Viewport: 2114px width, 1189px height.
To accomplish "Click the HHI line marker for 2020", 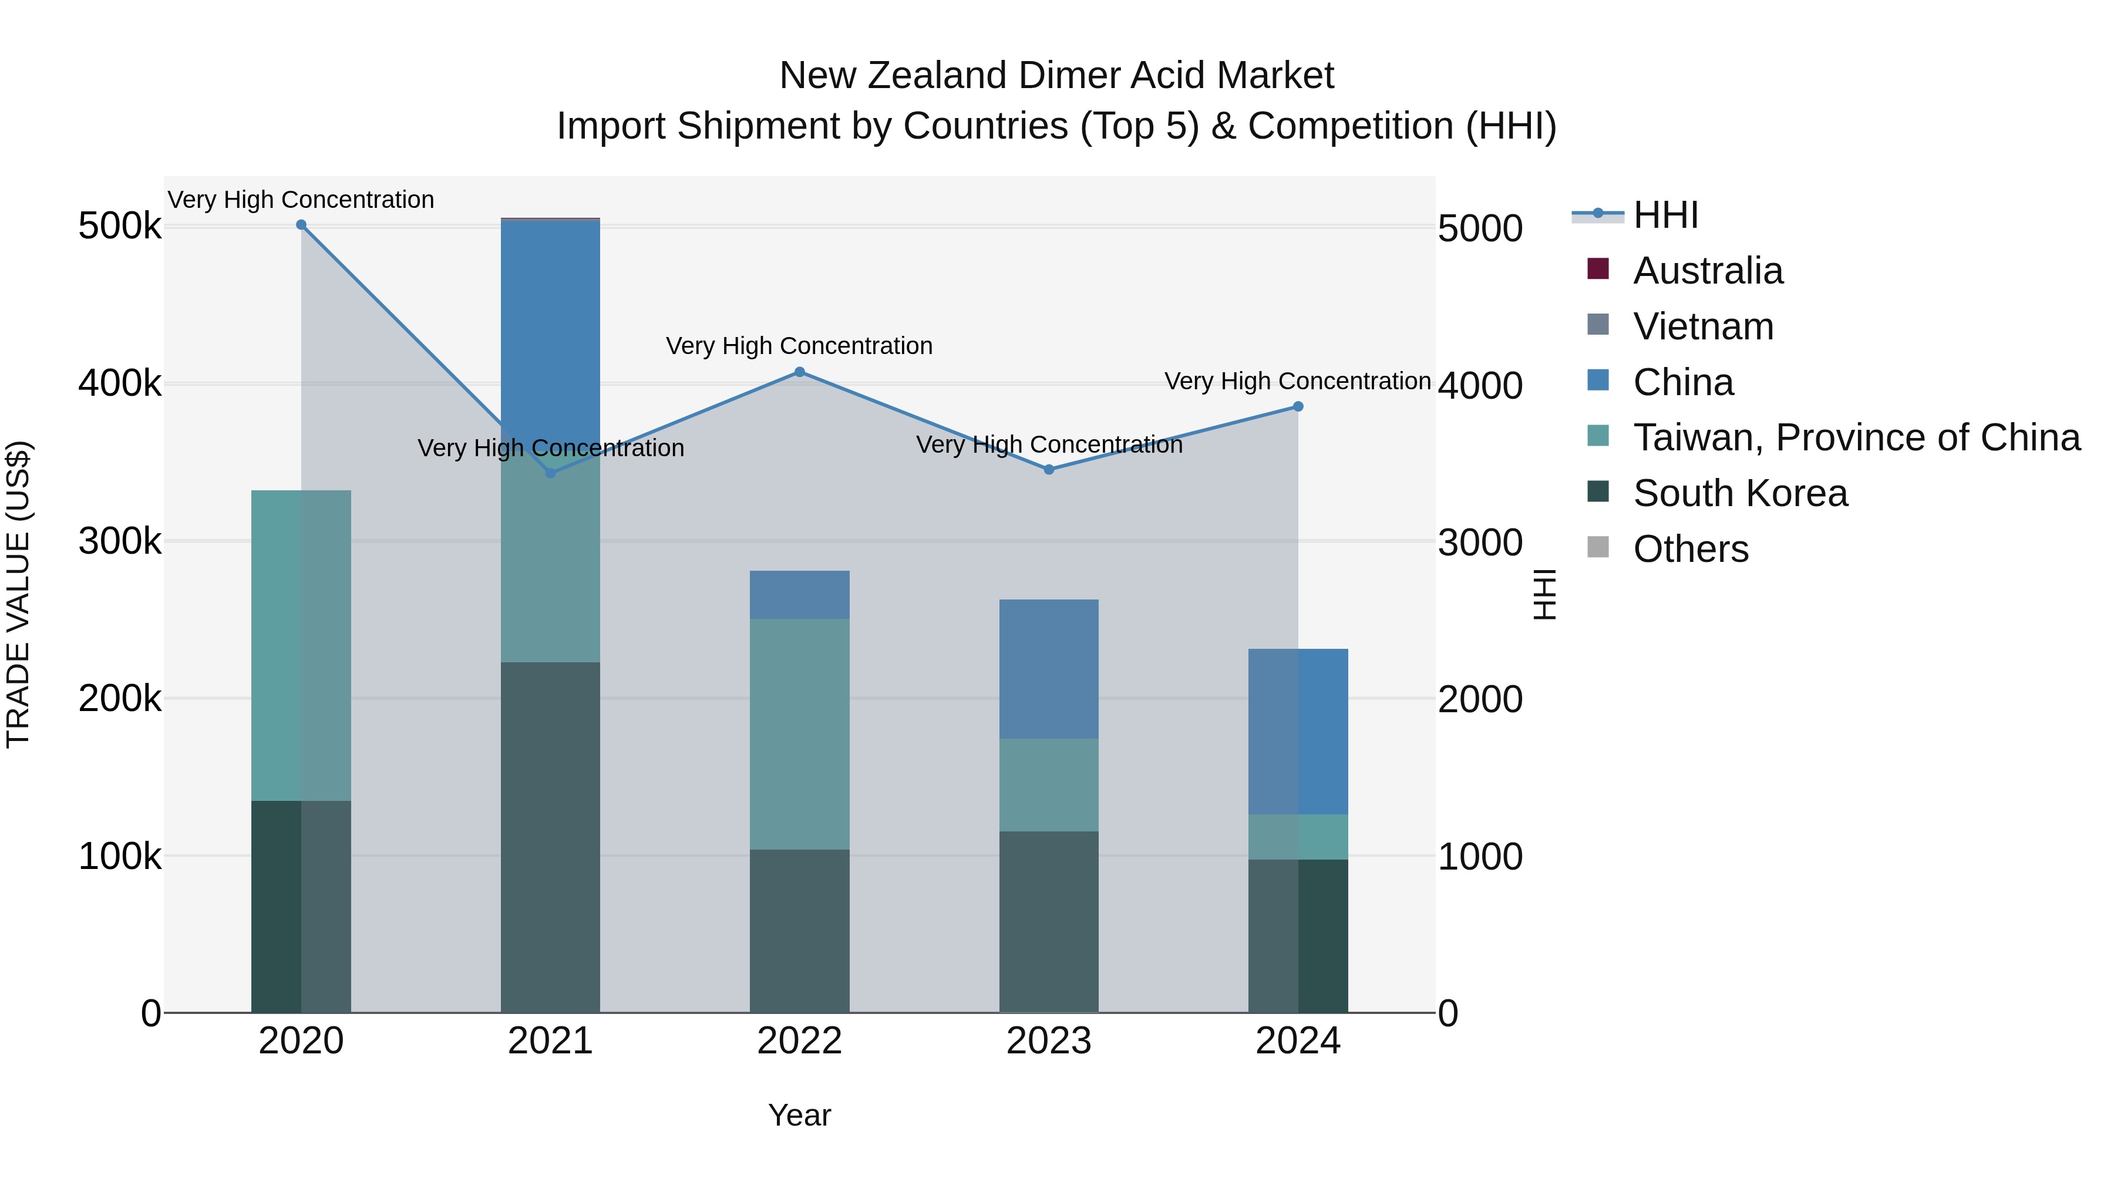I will pos(301,225).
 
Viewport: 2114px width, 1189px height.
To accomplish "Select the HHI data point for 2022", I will pos(799,372).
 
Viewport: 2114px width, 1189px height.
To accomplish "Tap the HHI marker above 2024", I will pos(1297,406).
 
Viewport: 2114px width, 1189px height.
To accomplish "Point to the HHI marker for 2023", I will pos(1049,469).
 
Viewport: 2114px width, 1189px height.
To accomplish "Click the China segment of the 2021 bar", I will pos(550,328).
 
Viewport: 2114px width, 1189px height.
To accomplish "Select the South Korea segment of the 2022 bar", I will pos(799,931).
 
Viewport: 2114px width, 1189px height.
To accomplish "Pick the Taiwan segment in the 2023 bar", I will pos(1049,784).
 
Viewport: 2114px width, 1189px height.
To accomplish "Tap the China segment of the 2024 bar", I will pos(1297,731).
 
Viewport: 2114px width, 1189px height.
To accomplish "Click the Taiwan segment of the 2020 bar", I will pos(301,645).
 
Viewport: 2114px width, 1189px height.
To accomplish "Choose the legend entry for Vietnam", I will pos(1703,326).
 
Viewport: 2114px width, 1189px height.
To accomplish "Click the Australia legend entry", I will pos(1707,271).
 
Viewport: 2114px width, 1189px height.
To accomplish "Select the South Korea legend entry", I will pos(1740,493).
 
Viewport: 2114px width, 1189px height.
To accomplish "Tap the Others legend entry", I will pos(1691,549).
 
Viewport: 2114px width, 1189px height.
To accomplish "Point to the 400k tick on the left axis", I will pos(120,384).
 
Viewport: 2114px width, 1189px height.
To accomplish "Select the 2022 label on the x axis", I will pos(799,1041).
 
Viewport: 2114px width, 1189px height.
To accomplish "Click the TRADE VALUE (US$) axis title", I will pos(18,594).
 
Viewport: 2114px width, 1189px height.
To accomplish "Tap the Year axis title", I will pos(799,1115).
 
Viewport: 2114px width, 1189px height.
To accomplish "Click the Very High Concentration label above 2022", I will pos(799,345).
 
